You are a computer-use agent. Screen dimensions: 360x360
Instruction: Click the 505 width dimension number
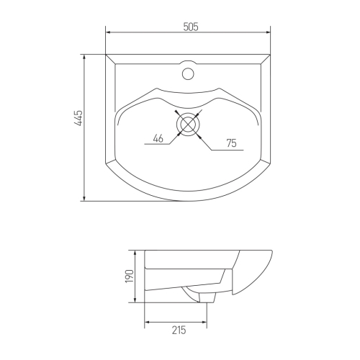pyautogui.click(x=191, y=27)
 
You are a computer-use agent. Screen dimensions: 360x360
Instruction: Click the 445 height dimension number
pyautogui.click(x=78, y=118)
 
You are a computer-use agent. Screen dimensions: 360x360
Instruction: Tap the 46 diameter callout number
pyautogui.click(x=158, y=138)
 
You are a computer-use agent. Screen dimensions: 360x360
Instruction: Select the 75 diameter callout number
pyautogui.click(x=231, y=143)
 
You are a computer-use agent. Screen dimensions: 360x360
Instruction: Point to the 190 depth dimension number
pyautogui.click(x=130, y=276)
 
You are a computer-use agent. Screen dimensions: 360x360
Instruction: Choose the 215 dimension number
pyautogui.click(x=179, y=330)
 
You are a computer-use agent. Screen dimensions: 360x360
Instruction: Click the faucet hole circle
pyautogui.click(x=188, y=73)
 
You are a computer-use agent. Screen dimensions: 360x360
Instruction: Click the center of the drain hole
pyautogui.click(x=188, y=124)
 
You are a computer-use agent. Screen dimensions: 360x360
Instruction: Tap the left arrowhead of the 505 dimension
pyautogui.click(x=108, y=32)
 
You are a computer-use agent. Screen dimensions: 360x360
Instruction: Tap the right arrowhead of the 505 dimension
pyautogui.click(x=268, y=32)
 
